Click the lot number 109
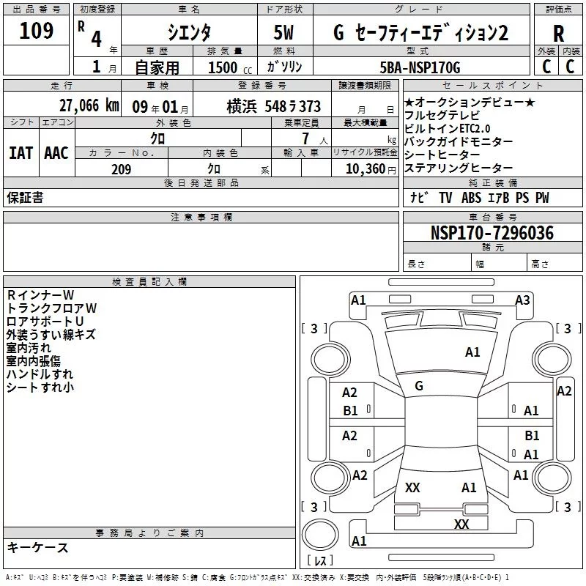pyautogui.click(x=37, y=31)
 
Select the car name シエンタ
pyautogui.click(x=189, y=33)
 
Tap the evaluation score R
pyautogui.click(x=558, y=33)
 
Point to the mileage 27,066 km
pyautogui.click(x=88, y=105)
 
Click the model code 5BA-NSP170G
pyautogui.click(x=420, y=68)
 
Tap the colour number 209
pyautogui.click(x=121, y=169)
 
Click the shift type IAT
pyautogui.click(x=21, y=152)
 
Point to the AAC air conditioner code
pyautogui.click(x=56, y=152)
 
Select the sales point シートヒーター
pyautogui.click(x=442, y=155)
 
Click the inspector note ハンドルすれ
pyautogui.click(x=40, y=374)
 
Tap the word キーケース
pyautogui.click(x=37, y=548)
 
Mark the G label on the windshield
pyautogui.click(x=419, y=386)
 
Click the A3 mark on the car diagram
pyautogui.click(x=522, y=300)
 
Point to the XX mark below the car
pyautogui.click(x=461, y=524)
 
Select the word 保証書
pyautogui.click(x=25, y=198)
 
